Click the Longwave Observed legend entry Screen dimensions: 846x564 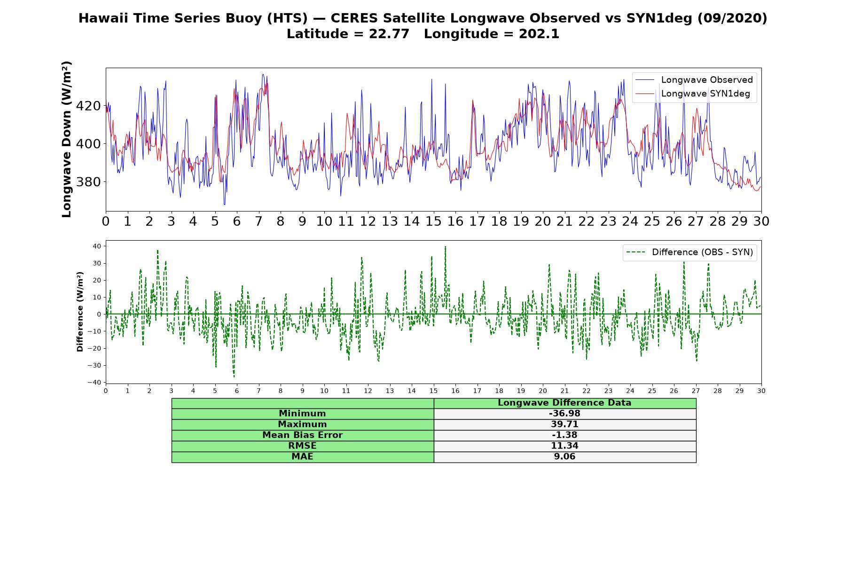click(694, 80)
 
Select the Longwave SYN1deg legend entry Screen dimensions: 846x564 click(693, 94)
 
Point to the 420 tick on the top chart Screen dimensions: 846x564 click(88, 106)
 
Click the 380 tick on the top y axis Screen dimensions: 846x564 click(88, 182)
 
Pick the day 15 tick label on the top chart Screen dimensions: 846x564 click(433, 221)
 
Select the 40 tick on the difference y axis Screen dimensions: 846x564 click(97, 246)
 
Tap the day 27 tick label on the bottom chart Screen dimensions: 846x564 click(696, 391)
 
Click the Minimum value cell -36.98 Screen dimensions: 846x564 click(564, 414)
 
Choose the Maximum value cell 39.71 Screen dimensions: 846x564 click(564, 424)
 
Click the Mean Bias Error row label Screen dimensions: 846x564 click(302, 435)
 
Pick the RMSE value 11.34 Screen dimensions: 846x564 click(564, 446)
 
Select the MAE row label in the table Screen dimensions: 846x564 click(302, 457)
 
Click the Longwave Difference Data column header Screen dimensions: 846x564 click(564, 403)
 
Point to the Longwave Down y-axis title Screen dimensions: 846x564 click(67, 139)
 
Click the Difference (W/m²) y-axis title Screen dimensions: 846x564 click(80, 312)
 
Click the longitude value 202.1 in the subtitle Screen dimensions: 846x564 click(539, 34)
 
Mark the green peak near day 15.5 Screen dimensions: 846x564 click(445, 246)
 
